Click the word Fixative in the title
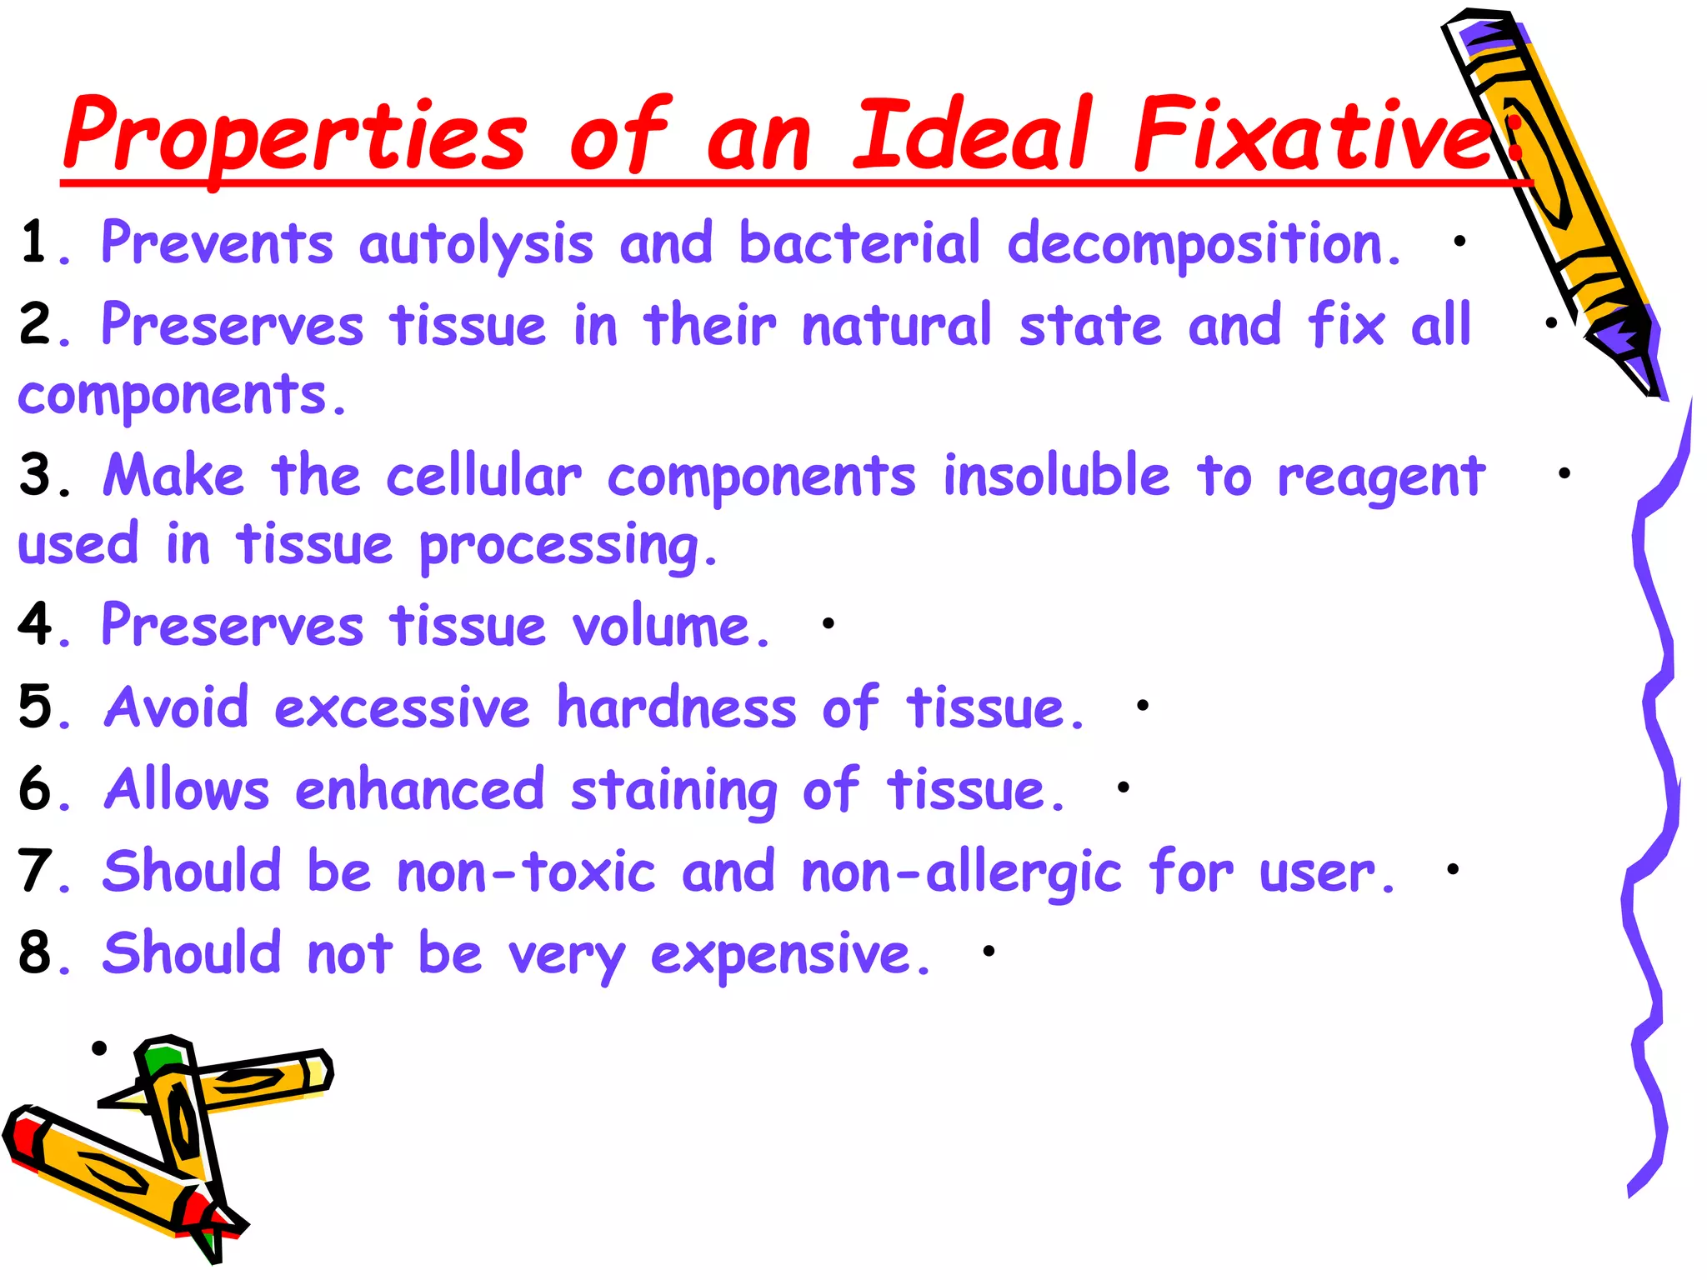coord(1313,133)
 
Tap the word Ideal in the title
coord(971,133)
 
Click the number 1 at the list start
coord(35,242)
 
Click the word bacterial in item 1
coord(859,243)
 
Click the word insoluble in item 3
coord(1057,477)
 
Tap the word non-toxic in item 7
coord(527,872)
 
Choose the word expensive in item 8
coord(789,955)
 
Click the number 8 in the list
coord(36,953)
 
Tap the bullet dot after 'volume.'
coord(828,622)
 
